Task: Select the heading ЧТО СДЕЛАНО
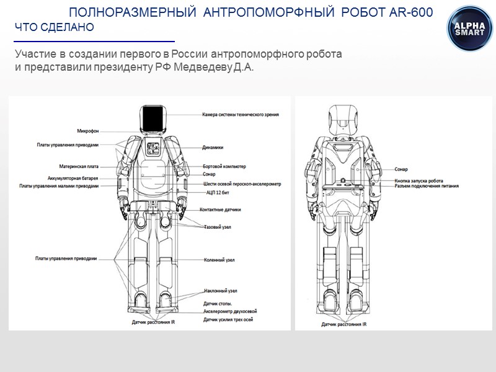click(x=55, y=28)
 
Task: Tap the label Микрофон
click(x=87, y=131)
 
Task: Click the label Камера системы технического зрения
click(x=241, y=114)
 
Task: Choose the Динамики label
click(x=213, y=148)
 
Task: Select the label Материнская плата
click(x=79, y=166)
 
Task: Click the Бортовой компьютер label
click(x=224, y=166)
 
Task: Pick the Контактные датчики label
click(x=221, y=210)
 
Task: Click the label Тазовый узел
click(x=218, y=228)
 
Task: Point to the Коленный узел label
click(x=219, y=260)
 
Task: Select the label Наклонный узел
click(x=220, y=290)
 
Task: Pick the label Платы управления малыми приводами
click(x=59, y=185)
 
